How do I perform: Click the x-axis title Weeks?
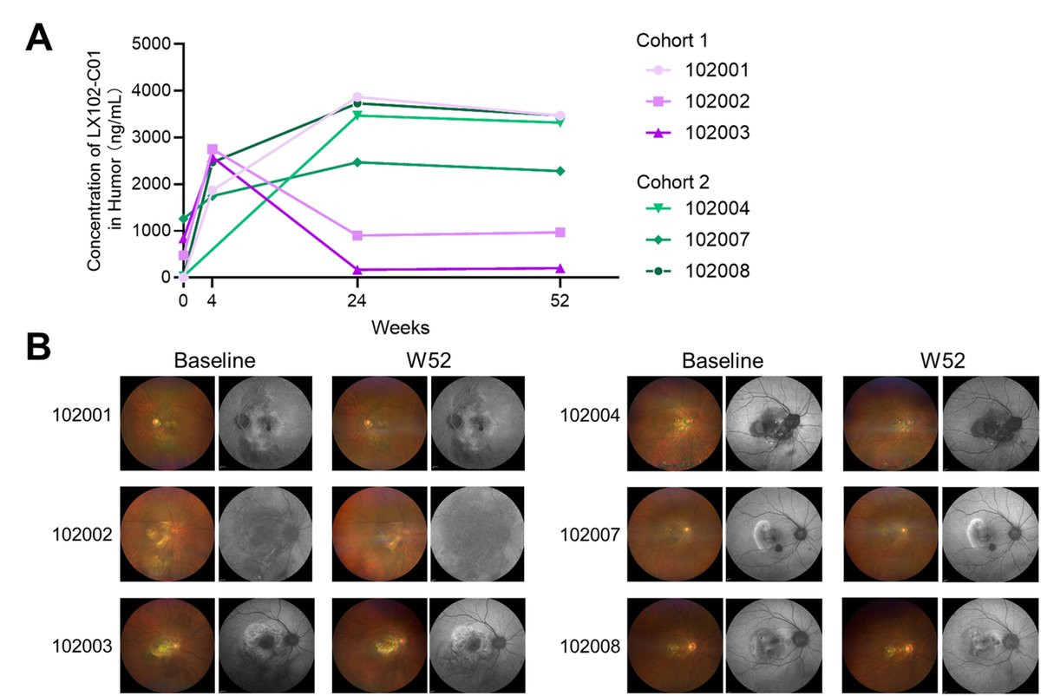pyautogui.click(x=400, y=327)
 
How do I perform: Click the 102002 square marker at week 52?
pyautogui.click(x=560, y=233)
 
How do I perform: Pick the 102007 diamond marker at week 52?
pyautogui.click(x=560, y=171)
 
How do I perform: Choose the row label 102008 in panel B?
pyautogui.click(x=591, y=646)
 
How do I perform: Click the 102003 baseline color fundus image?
pyautogui.click(x=167, y=646)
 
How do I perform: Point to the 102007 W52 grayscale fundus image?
pyautogui.click(x=990, y=535)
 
